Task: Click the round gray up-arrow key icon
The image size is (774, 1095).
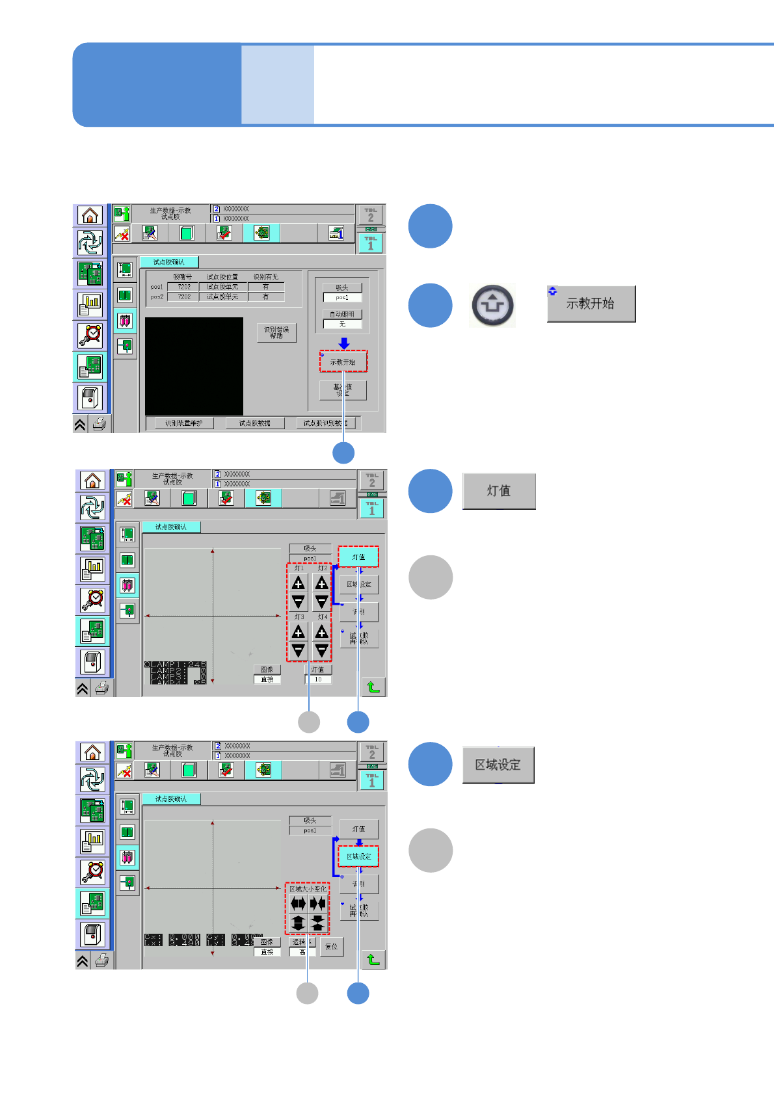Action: coord(492,305)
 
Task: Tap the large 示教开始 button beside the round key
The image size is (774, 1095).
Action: coord(591,304)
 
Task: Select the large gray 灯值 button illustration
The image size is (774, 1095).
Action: coord(499,491)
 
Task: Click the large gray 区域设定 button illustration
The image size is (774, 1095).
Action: coord(498,765)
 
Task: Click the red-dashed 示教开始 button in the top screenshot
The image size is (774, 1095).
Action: coord(343,362)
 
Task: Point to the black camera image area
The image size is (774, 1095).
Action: coord(194,366)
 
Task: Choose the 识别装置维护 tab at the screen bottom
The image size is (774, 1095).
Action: coord(184,423)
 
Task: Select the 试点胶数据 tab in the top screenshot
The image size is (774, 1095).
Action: coord(254,423)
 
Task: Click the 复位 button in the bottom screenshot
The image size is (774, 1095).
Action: coord(332,947)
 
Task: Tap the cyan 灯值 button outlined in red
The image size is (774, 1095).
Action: coord(358,557)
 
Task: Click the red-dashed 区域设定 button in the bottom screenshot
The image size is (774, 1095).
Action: coord(358,856)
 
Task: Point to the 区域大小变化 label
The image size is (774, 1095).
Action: coord(308,889)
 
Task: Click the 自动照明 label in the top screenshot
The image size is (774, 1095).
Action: coord(342,314)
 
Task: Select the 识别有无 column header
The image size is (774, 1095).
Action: coord(265,277)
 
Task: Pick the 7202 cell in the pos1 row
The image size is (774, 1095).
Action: coord(184,287)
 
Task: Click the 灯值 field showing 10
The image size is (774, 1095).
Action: coord(318,679)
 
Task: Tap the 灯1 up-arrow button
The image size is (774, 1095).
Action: coord(299,583)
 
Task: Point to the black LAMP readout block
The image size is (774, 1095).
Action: coord(175,673)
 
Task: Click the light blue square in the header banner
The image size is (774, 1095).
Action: coord(278,85)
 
